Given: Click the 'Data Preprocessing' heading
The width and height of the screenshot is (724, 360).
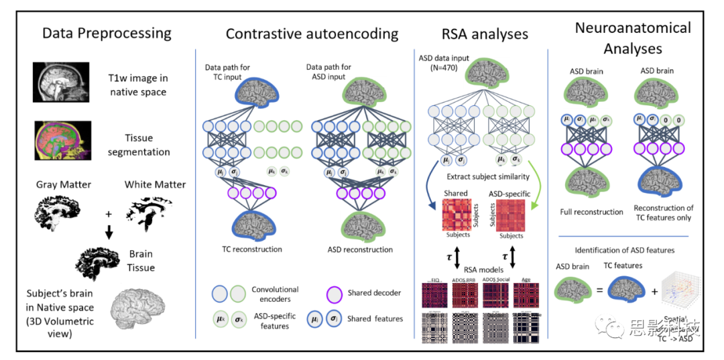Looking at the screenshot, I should click(107, 33).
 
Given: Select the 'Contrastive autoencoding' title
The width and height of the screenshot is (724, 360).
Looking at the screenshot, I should click(312, 34).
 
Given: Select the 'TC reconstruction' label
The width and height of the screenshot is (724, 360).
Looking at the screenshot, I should click(253, 249).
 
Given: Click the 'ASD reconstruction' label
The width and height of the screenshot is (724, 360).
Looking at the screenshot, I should click(359, 249).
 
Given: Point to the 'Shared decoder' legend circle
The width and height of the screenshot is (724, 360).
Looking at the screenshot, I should click(318, 293).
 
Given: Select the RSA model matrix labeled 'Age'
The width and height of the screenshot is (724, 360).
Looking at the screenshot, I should click(526, 295).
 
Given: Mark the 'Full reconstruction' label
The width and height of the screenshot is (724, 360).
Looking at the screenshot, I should click(592, 212).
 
